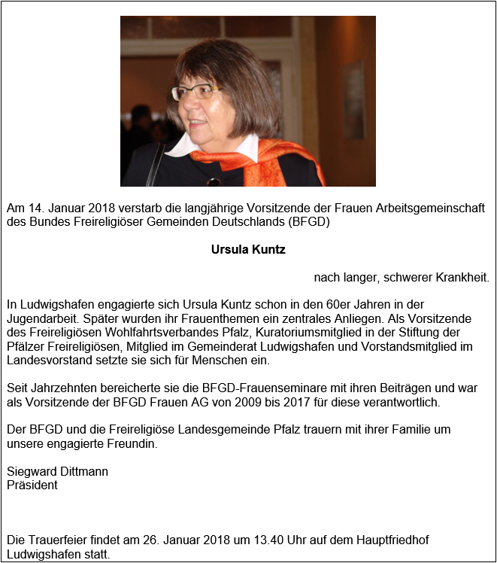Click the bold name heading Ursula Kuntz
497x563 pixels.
[248, 250]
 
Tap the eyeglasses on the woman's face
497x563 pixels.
[197, 92]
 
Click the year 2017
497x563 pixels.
[285, 403]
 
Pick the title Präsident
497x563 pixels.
[32, 485]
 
